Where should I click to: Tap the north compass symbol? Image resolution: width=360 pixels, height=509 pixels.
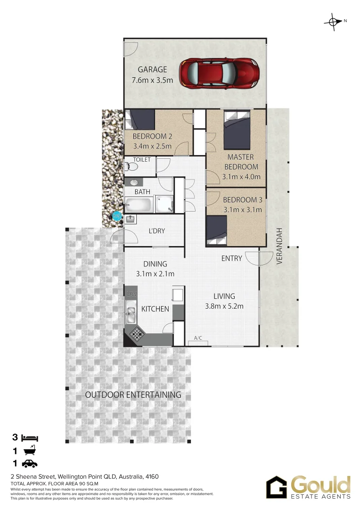pos(334,21)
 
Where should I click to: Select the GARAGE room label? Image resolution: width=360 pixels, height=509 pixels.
pos(152,70)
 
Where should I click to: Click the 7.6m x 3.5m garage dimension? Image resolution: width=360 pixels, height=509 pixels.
pos(152,80)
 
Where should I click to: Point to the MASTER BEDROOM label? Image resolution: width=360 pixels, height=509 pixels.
pos(241,162)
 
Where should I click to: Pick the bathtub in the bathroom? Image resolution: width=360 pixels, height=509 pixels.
pos(138,205)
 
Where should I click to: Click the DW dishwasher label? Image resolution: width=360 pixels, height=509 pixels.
pos(131,294)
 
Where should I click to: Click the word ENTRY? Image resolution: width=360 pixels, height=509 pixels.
pos(231,258)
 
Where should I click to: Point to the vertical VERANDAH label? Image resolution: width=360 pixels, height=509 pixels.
pos(279,246)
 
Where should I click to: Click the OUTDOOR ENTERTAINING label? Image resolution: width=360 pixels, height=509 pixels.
pos(133,395)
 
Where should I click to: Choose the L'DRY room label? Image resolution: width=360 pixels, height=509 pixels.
pos(156,231)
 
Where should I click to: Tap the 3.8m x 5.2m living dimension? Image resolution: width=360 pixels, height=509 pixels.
pos(224,306)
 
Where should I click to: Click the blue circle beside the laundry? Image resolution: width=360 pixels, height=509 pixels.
pos(116,217)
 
